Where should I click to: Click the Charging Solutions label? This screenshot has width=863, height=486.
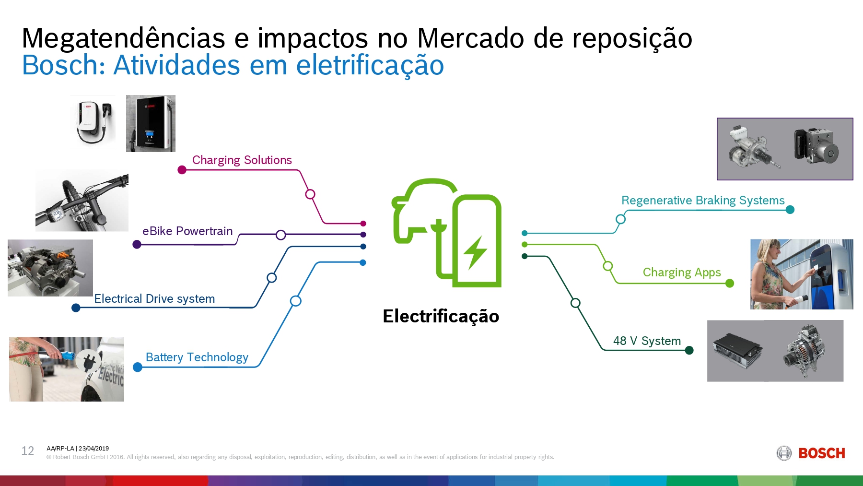242,160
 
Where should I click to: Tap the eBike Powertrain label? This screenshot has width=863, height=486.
187,231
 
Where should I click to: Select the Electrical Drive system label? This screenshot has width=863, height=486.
154,298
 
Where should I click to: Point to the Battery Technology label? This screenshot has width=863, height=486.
197,357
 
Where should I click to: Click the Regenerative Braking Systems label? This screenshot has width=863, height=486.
702,200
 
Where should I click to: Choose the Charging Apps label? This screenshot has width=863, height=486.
681,272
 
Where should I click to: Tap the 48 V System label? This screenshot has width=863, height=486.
647,341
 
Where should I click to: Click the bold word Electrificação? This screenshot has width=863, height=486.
441,316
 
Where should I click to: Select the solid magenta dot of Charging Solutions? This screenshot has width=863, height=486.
182,170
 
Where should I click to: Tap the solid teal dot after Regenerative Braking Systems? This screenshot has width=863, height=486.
790,210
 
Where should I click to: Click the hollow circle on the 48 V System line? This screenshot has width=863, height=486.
575,303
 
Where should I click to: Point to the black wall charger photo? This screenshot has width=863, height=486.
151,123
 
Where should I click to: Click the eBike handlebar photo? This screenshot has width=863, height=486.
82,200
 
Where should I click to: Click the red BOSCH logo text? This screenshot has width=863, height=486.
821,453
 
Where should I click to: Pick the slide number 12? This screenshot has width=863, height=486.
27,451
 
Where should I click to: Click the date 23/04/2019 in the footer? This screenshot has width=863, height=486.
93,449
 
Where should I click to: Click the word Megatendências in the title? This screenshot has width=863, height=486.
123,38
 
